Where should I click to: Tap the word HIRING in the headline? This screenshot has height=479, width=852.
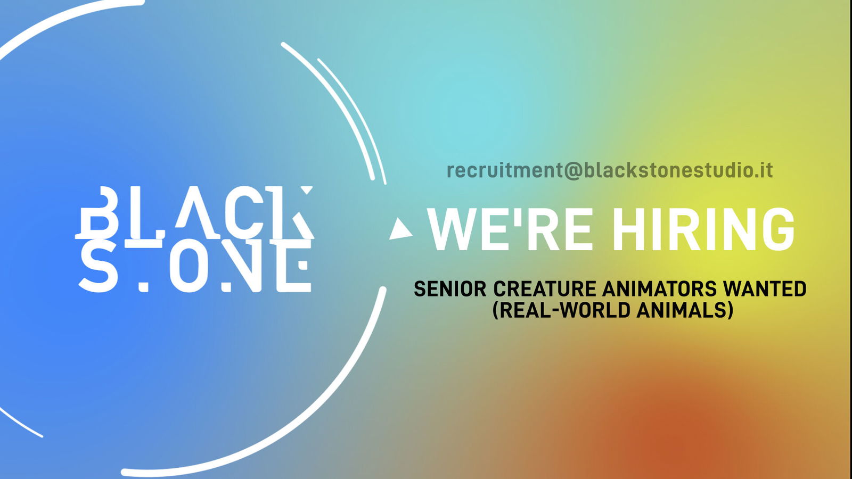pos(703,229)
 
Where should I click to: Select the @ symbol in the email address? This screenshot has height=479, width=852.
pos(573,170)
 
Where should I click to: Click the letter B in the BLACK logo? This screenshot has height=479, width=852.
pos(99,213)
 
